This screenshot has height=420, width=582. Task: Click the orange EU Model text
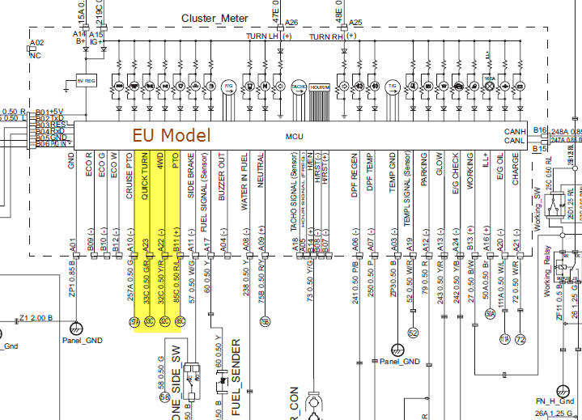[x=171, y=135]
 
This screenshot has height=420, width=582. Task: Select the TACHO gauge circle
[x=297, y=85]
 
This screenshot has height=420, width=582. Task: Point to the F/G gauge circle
[x=228, y=85]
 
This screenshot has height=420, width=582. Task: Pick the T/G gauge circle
[x=393, y=85]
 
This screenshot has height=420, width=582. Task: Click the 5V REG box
[x=86, y=82]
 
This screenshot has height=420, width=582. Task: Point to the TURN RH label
[x=326, y=37]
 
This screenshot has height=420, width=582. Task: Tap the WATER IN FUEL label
[x=244, y=180]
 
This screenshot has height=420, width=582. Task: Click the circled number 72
[x=520, y=338]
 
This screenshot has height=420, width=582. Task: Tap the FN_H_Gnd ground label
[x=554, y=401]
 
